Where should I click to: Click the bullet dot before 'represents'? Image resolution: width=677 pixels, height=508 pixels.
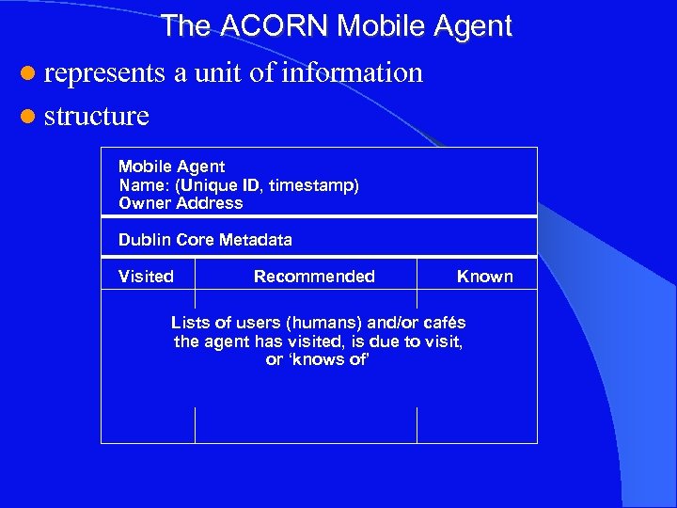tap(27, 73)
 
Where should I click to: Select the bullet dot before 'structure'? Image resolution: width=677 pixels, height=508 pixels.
tap(27, 117)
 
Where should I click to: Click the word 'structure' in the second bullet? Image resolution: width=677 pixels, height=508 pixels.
tap(97, 117)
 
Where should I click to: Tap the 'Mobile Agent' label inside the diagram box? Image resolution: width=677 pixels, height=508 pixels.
tap(171, 167)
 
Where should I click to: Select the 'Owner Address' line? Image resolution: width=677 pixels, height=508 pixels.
tap(181, 203)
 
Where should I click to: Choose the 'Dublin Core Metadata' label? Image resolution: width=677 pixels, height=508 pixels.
tap(205, 240)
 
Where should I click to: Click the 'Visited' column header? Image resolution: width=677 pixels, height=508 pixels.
tap(146, 277)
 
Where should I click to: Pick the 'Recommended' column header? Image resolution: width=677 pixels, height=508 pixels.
tap(314, 277)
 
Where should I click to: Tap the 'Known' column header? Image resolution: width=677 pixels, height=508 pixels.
tap(484, 277)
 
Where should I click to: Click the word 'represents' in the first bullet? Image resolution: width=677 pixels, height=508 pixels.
tap(104, 72)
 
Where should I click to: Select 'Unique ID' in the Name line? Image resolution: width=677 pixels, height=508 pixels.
tap(226, 185)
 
